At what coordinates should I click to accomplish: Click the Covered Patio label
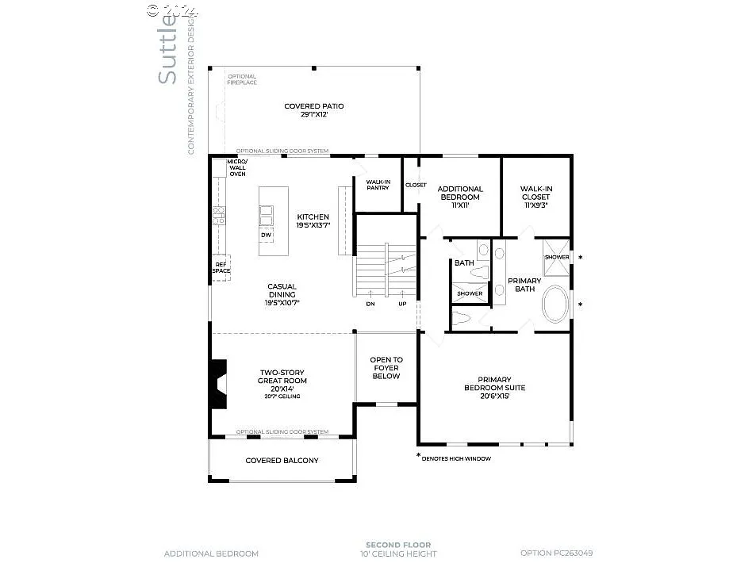coord(315,110)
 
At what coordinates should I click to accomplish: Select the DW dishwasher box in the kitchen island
coord(266,236)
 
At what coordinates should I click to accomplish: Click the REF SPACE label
coord(221,268)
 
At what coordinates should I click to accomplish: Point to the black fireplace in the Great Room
coord(217,384)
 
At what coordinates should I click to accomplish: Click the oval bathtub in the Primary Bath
coord(555,305)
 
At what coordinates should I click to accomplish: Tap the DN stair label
coord(370,304)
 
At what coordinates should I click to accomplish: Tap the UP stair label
coord(402,304)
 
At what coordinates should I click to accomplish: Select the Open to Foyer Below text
coord(386,368)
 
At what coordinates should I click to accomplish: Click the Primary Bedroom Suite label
coord(494,388)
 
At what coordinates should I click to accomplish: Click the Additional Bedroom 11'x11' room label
coord(460,197)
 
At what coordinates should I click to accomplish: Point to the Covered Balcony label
coord(282,461)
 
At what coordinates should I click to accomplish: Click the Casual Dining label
coord(282,294)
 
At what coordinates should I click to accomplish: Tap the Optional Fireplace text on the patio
coord(242,79)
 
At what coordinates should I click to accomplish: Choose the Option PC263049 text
coord(556,554)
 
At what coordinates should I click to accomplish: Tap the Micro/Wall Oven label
coord(237,167)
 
